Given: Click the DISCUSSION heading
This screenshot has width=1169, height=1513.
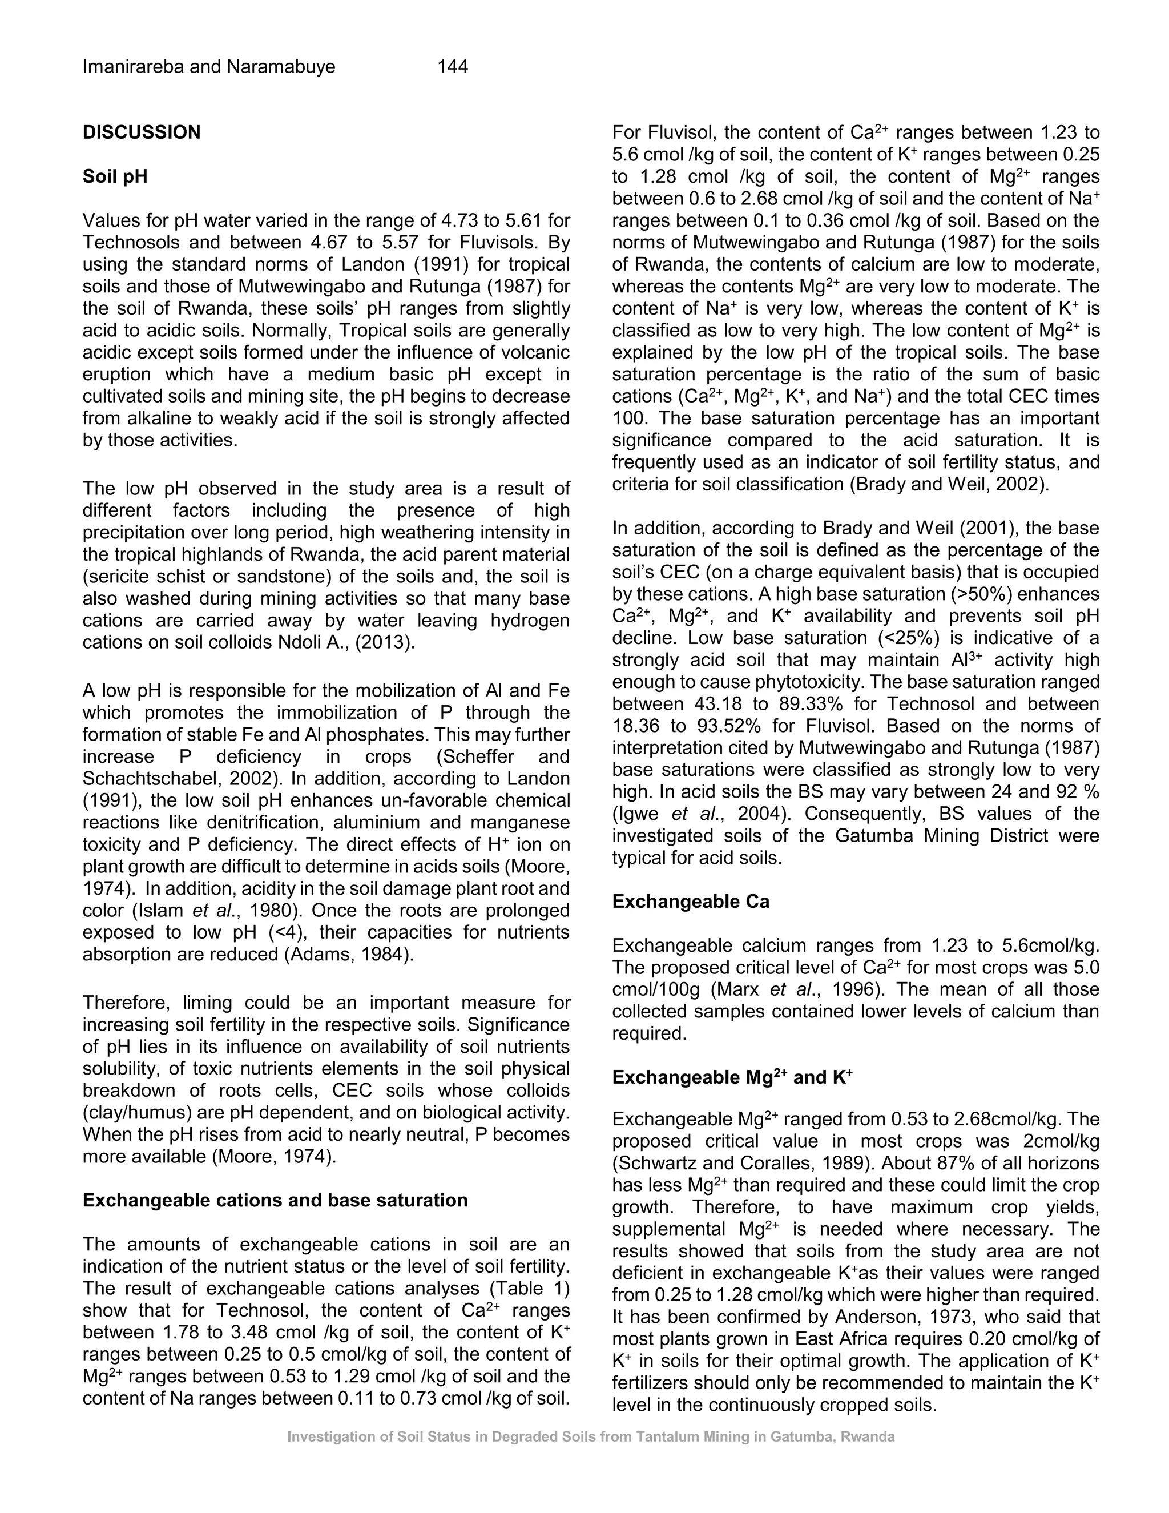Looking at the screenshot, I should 142,132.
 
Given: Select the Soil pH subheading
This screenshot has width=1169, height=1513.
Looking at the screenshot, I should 115,176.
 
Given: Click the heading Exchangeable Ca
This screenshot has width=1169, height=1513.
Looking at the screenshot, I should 691,902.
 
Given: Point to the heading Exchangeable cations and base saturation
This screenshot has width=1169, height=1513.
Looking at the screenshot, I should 275,1200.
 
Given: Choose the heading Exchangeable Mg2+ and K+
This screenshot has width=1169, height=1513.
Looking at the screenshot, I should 732,1077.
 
